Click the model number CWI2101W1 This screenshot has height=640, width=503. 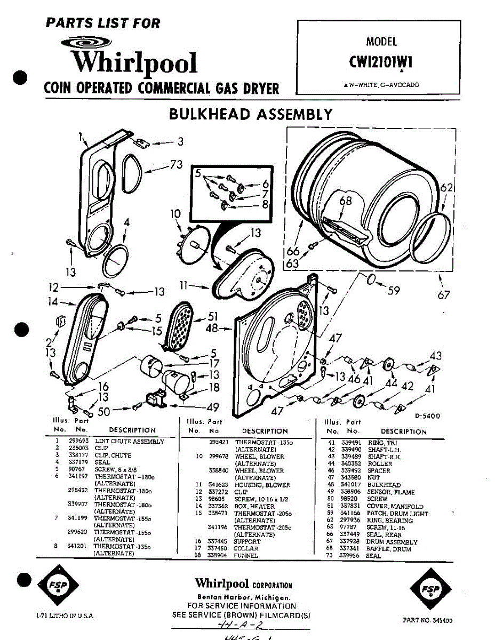[381, 62]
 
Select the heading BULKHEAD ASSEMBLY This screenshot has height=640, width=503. [251, 114]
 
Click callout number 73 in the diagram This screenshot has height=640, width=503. [176, 165]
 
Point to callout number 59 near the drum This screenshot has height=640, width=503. [394, 291]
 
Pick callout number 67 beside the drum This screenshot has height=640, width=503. [444, 294]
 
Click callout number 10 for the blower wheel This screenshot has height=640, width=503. [175, 214]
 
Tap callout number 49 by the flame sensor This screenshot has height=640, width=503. [212, 408]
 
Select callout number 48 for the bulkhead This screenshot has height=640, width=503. [212, 329]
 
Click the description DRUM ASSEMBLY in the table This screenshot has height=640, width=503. [392, 542]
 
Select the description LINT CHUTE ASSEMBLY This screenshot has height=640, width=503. [130, 442]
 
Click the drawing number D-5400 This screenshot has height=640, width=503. [427, 416]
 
